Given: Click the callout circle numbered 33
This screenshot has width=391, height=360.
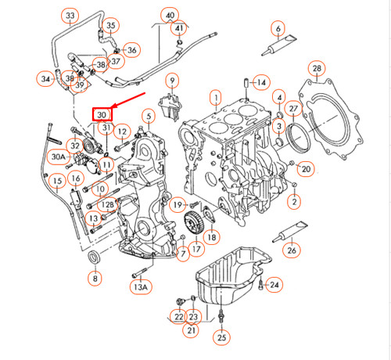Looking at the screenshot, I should pos(70,16).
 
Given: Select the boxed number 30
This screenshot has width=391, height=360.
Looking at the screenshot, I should pos(102,113).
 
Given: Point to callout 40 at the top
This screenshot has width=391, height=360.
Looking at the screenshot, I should pos(170,16).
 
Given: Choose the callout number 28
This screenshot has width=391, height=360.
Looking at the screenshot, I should pos(317,70).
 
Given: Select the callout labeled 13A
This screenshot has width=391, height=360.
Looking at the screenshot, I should pos(140,287).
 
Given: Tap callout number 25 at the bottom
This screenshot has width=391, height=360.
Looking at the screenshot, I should pos(222,337).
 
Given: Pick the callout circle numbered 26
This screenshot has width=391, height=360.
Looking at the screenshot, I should pos(291,250).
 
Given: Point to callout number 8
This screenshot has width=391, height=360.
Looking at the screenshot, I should pos(95,277).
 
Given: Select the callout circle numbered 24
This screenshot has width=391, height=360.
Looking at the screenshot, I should pos(274,285).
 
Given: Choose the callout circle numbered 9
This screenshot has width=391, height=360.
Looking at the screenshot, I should pos(171,79).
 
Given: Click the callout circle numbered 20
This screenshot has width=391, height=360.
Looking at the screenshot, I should pos(306,167).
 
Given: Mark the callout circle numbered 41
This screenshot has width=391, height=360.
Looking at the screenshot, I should pos(181,29).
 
